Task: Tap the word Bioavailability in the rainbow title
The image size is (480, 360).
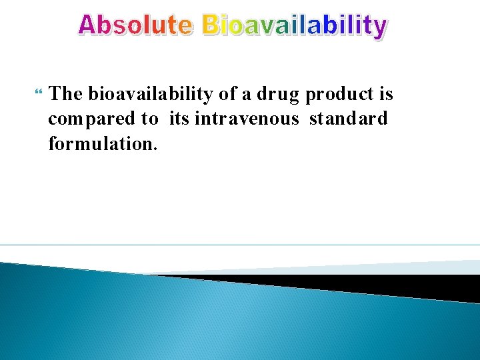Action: (x=294, y=25)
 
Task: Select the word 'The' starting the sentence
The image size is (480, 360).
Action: (x=66, y=94)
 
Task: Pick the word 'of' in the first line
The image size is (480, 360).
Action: (x=227, y=94)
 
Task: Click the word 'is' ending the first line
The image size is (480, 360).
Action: (x=386, y=94)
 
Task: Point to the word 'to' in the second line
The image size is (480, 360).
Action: (x=150, y=119)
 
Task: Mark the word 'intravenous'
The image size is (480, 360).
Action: (x=247, y=119)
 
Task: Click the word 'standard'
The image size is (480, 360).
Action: (x=348, y=119)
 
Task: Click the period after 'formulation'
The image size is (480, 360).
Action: (x=155, y=149)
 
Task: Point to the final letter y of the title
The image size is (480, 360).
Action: (x=379, y=28)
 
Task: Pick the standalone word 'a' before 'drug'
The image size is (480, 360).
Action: (x=247, y=95)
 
